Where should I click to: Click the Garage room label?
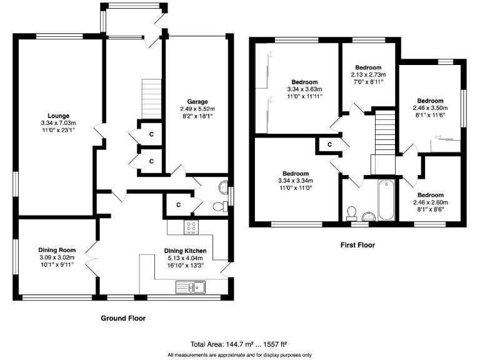coord(197,101)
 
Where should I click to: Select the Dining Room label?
coord(57,249)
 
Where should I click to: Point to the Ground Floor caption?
coord(123,318)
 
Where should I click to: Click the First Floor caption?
coord(357,245)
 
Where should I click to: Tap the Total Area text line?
coord(239,344)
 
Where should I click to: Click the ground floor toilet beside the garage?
coord(219,207)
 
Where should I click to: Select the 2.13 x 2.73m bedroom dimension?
coord(367,74)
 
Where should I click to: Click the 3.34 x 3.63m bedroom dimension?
coord(304,89)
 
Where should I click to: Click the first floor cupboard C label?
coord(329,145)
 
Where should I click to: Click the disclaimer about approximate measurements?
coord(239,355)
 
